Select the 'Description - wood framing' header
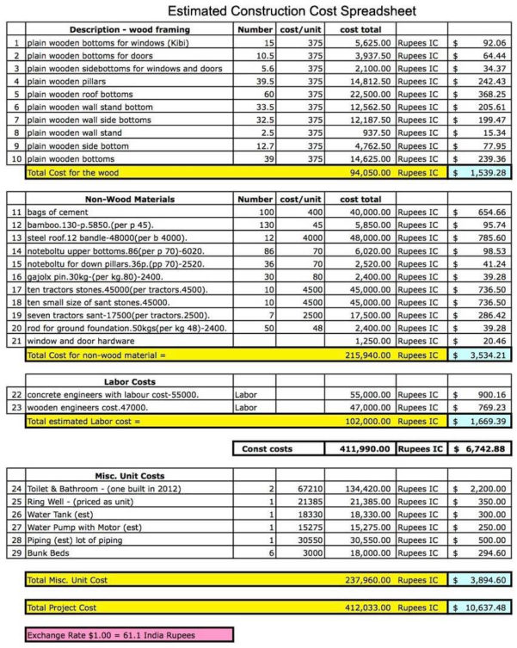[130, 29]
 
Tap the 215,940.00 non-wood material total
[370, 355]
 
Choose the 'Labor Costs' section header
[129, 380]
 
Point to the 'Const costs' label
[267, 448]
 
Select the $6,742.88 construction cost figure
[483, 448]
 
